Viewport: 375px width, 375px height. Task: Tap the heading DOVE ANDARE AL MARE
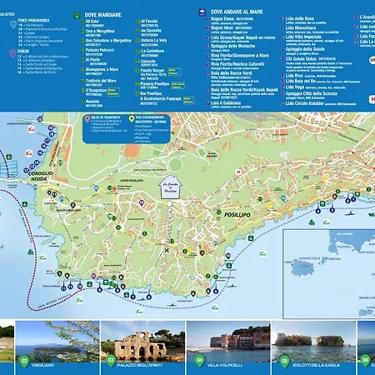coord(242,12)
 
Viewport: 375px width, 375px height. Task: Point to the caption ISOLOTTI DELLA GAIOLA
coord(322,364)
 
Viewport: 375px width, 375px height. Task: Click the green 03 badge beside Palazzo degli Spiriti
coord(110,361)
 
